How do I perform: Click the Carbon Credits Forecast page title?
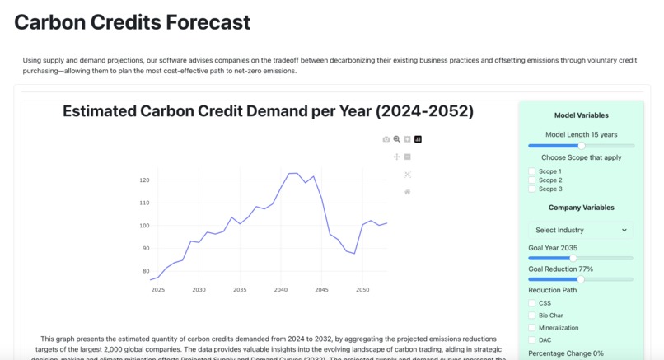click(132, 22)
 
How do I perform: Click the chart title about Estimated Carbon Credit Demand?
click(268, 111)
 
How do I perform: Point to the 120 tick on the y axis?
click(144, 180)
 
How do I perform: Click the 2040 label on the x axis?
click(281, 290)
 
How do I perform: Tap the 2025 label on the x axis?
click(157, 290)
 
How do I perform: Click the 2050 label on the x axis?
click(362, 290)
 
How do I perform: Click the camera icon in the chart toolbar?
click(386, 139)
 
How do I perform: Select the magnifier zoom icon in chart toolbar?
click(396, 139)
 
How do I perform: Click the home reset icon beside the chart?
click(407, 192)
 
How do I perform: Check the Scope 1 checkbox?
click(532, 171)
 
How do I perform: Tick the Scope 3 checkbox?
click(532, 189)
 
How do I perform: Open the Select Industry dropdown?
click(581, 230)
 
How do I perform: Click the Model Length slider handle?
click(581, 146)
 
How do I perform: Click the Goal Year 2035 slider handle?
click(573, 258)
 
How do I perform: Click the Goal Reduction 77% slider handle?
click(581, 279)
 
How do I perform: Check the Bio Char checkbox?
click(532, 316)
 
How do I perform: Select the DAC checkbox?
click(532, 339)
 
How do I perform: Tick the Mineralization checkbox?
click(532, 327)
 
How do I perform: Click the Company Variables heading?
click(581, 208)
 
